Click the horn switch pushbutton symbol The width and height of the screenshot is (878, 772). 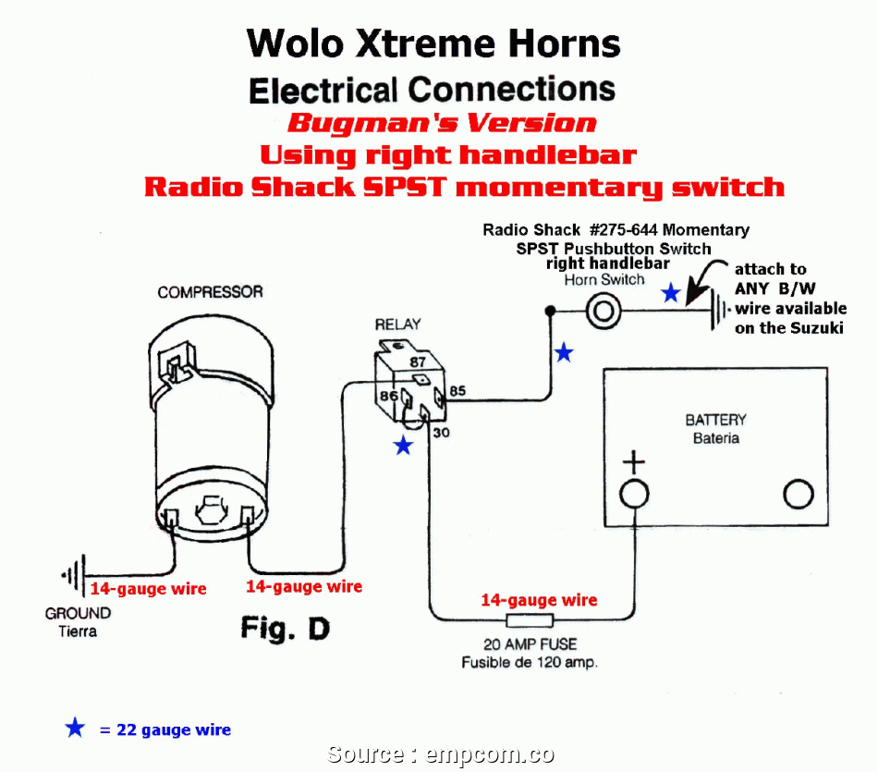[x=602, y=311]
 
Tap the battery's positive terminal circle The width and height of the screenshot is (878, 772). [x=633, y=494]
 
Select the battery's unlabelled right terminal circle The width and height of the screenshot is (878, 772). [x=798, y=495]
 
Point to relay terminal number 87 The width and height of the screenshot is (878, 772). [x=418, y=362]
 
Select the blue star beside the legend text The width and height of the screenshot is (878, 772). [x=75, y=729]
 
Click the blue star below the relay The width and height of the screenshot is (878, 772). [x=403, y=447]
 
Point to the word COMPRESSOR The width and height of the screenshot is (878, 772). [x=210, y=292]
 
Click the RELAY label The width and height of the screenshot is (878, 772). [x=397, y=325]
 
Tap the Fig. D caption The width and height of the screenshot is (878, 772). [x=285, y=629]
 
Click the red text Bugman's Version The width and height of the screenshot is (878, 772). [x=441, y=123]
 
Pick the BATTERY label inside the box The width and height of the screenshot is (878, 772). [x=715, y=420]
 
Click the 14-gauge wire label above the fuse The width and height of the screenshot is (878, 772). [x=539, y=600]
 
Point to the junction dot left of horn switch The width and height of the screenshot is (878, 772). [x=549, y=311]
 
